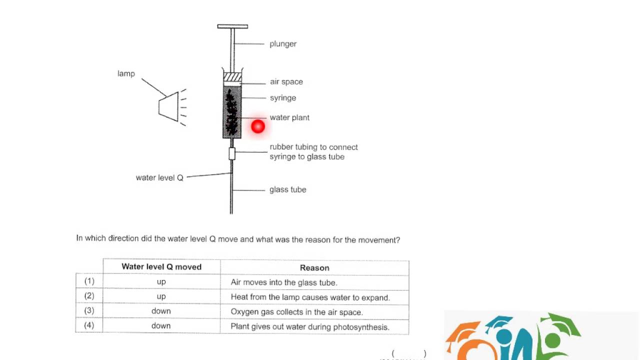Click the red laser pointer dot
coord(258,126)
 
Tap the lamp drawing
coord(168,106)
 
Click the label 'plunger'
coord(283,44)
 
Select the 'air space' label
coord(286,82)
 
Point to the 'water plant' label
coord(289,117)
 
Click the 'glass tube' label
coord(287,189)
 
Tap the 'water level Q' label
coord(159,177)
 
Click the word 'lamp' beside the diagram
coord(126,73)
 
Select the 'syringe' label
coord(283,98)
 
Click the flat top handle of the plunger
coord(232,26)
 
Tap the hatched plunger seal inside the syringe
coord(232,77)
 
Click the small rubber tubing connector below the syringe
coord(232,153)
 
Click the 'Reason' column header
coord(314,267)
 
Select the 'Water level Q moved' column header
coord(161,267)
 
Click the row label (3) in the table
coord(89,311)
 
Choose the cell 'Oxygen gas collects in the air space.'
coord(296,312)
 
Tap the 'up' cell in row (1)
coord(161,282)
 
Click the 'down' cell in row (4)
coord(161,326)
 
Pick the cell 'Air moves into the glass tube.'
coord(284,282)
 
